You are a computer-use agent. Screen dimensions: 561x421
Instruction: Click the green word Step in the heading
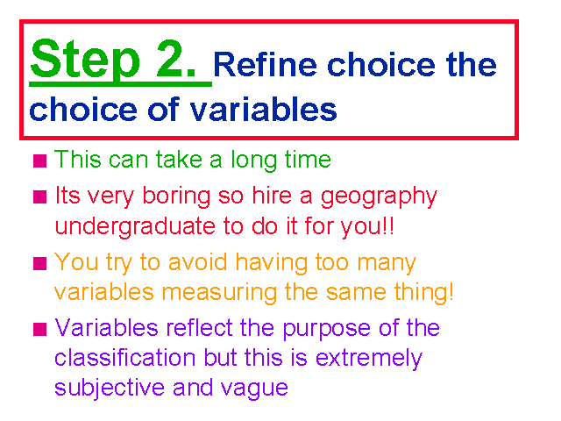[85, 59]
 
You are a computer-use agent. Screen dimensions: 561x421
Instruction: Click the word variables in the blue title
[263, 109]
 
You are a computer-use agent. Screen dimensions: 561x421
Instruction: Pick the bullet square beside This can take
[39, 161]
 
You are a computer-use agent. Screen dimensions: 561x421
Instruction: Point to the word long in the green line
[253, 161]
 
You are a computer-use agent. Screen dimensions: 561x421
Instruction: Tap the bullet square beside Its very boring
[39, 196]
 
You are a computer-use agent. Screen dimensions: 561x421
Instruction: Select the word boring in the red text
[176, 197]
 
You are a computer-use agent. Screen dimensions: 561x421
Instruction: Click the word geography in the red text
[379, 197]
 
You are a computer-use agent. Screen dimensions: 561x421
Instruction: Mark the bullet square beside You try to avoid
[39, 263]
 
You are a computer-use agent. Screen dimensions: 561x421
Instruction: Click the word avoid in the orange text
[197, 261]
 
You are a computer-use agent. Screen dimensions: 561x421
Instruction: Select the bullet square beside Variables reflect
[39, 329]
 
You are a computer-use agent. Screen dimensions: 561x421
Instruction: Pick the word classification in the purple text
[125, 358]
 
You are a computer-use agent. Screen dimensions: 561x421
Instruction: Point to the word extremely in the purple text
[369, 359]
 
